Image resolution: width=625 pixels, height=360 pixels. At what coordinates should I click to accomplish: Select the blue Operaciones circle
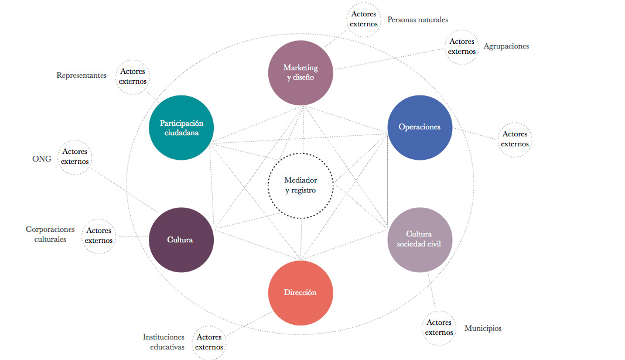419,127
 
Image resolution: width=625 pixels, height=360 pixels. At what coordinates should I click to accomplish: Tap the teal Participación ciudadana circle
181,128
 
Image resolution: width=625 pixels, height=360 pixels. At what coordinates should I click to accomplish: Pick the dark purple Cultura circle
180,239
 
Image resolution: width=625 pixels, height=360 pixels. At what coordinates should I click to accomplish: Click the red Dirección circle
300,292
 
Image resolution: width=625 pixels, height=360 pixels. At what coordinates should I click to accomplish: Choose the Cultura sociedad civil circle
419,239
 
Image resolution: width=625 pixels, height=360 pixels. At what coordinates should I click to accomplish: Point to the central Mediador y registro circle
300,185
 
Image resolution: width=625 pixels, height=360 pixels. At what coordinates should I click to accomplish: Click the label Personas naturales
417,19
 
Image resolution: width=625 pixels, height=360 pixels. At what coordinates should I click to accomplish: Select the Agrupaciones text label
506,46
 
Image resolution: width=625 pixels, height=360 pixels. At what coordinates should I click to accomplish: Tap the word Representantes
81,75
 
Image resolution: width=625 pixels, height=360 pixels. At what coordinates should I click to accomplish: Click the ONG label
42,159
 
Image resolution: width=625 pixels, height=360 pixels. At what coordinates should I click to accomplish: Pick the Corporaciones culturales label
50,234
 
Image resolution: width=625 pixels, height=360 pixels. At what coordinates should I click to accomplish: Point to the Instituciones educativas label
163,342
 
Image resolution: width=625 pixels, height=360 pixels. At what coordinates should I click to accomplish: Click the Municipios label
483,328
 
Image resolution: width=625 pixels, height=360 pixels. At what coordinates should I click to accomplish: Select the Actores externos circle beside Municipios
439,328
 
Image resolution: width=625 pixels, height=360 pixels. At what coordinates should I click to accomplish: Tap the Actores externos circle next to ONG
75,156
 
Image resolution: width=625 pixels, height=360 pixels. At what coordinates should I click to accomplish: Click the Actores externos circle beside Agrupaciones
462,46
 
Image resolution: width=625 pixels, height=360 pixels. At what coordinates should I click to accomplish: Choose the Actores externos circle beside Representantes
132,77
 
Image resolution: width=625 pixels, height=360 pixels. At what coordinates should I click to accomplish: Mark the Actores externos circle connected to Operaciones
515,139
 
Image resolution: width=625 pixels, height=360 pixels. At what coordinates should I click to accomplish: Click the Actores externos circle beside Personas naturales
364,19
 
